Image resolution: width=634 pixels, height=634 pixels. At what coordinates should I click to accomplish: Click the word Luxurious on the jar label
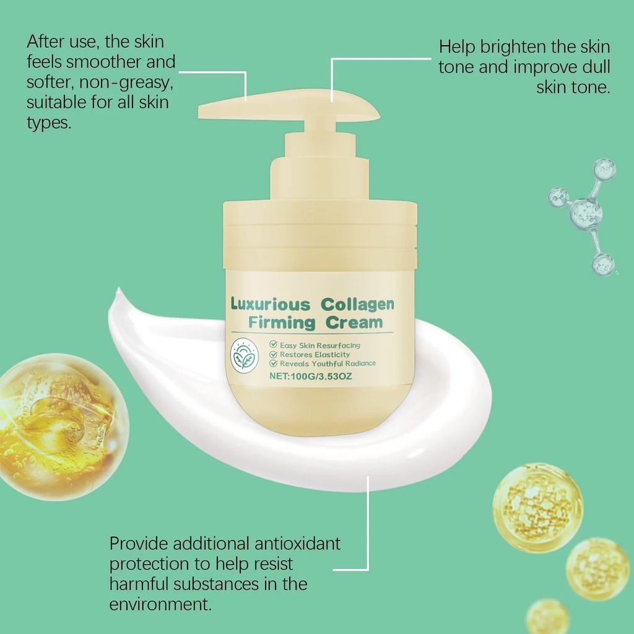coord(271,304)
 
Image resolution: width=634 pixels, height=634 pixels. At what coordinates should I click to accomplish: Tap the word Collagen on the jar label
coord(358,304)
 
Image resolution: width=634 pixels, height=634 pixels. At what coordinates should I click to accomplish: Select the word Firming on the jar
coord(281,323)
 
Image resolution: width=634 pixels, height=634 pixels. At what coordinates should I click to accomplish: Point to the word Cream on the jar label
coord(355,323)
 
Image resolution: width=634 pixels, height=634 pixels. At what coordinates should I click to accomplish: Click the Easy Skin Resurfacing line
coord(319,345)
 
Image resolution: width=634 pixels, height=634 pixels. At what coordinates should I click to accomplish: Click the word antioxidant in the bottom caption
coord(297,544)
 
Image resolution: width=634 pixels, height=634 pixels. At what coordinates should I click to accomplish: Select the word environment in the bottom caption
coord(160,603)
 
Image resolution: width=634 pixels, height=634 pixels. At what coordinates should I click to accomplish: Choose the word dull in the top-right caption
coord(595,67)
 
